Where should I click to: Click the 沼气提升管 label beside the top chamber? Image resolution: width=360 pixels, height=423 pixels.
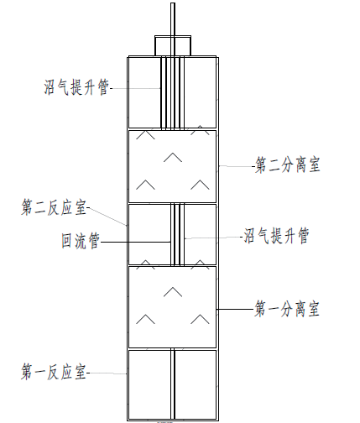coord(76,87)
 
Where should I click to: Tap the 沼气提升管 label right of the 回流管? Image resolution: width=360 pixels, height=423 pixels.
coord(276,236)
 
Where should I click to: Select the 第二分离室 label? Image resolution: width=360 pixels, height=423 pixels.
coord(288,164)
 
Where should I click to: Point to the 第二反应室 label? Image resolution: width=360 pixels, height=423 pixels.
coord(54,207)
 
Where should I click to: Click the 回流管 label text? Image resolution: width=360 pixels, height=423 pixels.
coord(81,241)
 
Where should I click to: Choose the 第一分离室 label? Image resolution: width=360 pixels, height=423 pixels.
coord(287,309)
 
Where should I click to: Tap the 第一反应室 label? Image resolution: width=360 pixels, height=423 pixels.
coord(54,372)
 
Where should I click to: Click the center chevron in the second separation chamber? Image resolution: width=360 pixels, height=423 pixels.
coord(173,157)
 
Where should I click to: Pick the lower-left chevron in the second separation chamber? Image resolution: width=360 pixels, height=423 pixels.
coord(145,185)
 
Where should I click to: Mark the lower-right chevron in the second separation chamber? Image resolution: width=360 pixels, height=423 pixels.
coord(200,185)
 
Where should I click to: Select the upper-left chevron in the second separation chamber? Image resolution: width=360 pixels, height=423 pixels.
coord(145,134)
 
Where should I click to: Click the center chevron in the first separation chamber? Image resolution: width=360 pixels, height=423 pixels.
coord(173,292)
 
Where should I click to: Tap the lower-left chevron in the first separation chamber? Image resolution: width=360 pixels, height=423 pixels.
coord(145,319)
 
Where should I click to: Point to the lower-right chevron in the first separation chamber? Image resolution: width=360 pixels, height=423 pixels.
coord(200,319)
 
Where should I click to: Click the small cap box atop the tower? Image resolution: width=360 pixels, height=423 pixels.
coord(173,45)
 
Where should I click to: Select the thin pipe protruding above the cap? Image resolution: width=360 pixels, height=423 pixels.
coord(173,19)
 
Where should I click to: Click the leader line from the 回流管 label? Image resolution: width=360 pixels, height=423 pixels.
coord(135,242)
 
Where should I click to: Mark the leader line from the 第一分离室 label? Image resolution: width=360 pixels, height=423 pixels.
coord(235,309)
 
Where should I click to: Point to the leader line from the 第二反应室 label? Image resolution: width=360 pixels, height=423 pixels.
coord(107,217)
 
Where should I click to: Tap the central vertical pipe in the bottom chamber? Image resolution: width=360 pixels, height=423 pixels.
coord(173,384)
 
